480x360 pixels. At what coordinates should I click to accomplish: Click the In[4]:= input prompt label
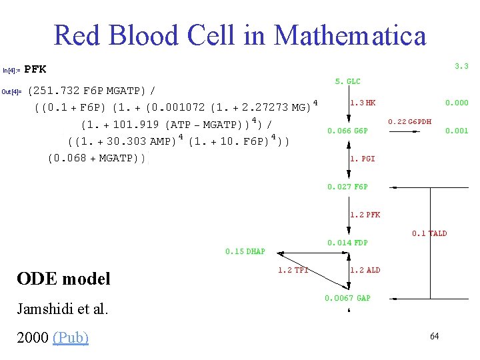11,70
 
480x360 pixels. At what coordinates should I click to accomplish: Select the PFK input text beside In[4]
35,69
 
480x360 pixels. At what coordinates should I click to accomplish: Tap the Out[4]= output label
13,92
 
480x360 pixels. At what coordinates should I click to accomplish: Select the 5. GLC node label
347,81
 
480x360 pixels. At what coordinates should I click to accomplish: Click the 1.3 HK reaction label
363,103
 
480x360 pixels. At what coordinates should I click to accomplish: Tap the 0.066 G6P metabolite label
347,131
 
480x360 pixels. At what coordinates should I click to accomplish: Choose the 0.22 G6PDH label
410,121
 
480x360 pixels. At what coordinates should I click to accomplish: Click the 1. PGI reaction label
363,159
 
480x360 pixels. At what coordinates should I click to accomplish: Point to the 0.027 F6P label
347,187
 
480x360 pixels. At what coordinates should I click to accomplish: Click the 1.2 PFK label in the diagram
365,215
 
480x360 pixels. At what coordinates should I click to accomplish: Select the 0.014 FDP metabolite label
347,243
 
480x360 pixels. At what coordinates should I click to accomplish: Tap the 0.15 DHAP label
245,251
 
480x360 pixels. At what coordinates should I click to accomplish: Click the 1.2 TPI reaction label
293,270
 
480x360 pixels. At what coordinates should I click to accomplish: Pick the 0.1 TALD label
429,233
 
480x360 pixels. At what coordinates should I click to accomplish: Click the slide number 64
434,336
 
